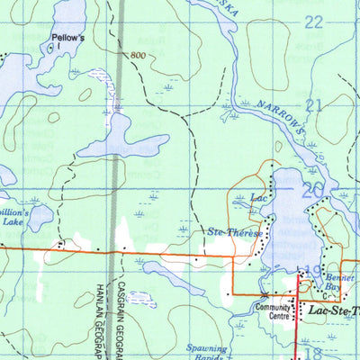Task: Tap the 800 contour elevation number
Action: [x=136, y=56]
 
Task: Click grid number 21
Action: [x=313, y=106]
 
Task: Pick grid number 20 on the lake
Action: [x=312, y=190]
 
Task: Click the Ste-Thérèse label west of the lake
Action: [x=235, y=233]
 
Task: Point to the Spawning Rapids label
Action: [x=213, y=351]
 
